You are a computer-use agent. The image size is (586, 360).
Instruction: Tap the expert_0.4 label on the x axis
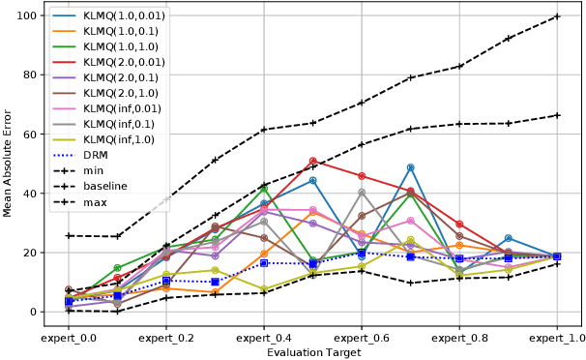pos(264,340)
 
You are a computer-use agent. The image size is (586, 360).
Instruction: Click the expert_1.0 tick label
pos(557,340)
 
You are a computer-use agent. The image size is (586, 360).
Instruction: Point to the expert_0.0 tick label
pos(69,340)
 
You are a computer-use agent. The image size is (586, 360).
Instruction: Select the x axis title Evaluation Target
pos(313,354)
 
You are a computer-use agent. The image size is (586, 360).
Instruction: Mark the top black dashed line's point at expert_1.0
pos(557,16)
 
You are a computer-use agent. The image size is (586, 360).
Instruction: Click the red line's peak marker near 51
pos(313,161)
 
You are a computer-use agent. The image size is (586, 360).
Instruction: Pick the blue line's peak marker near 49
pos(411,167)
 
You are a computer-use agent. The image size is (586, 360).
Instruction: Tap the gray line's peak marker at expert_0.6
pos(362,193)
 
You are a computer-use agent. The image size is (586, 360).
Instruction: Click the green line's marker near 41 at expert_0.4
pos(264,189)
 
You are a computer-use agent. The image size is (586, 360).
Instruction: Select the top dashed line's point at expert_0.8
pos(459,66)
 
